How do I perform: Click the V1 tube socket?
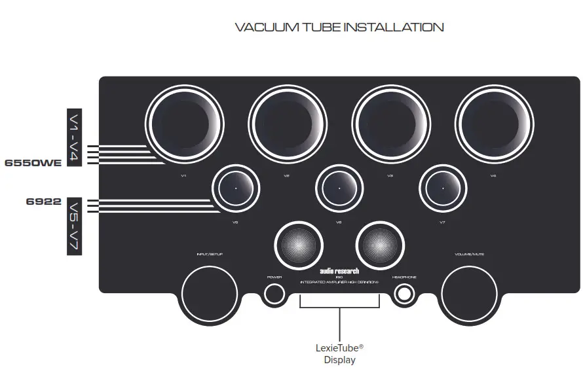(x=185, y=124)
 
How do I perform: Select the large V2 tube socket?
(x=288, y=124)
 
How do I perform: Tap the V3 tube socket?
(x=391, y=124)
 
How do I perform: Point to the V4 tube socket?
(x=494, y=124)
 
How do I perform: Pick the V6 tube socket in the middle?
(x=340, y=188)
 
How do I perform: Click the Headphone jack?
(x=404, y=294)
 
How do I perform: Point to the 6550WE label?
(x=33, y=162)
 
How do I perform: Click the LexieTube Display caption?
(x=339, y=354)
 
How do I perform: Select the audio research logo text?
(x=339, y=270)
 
